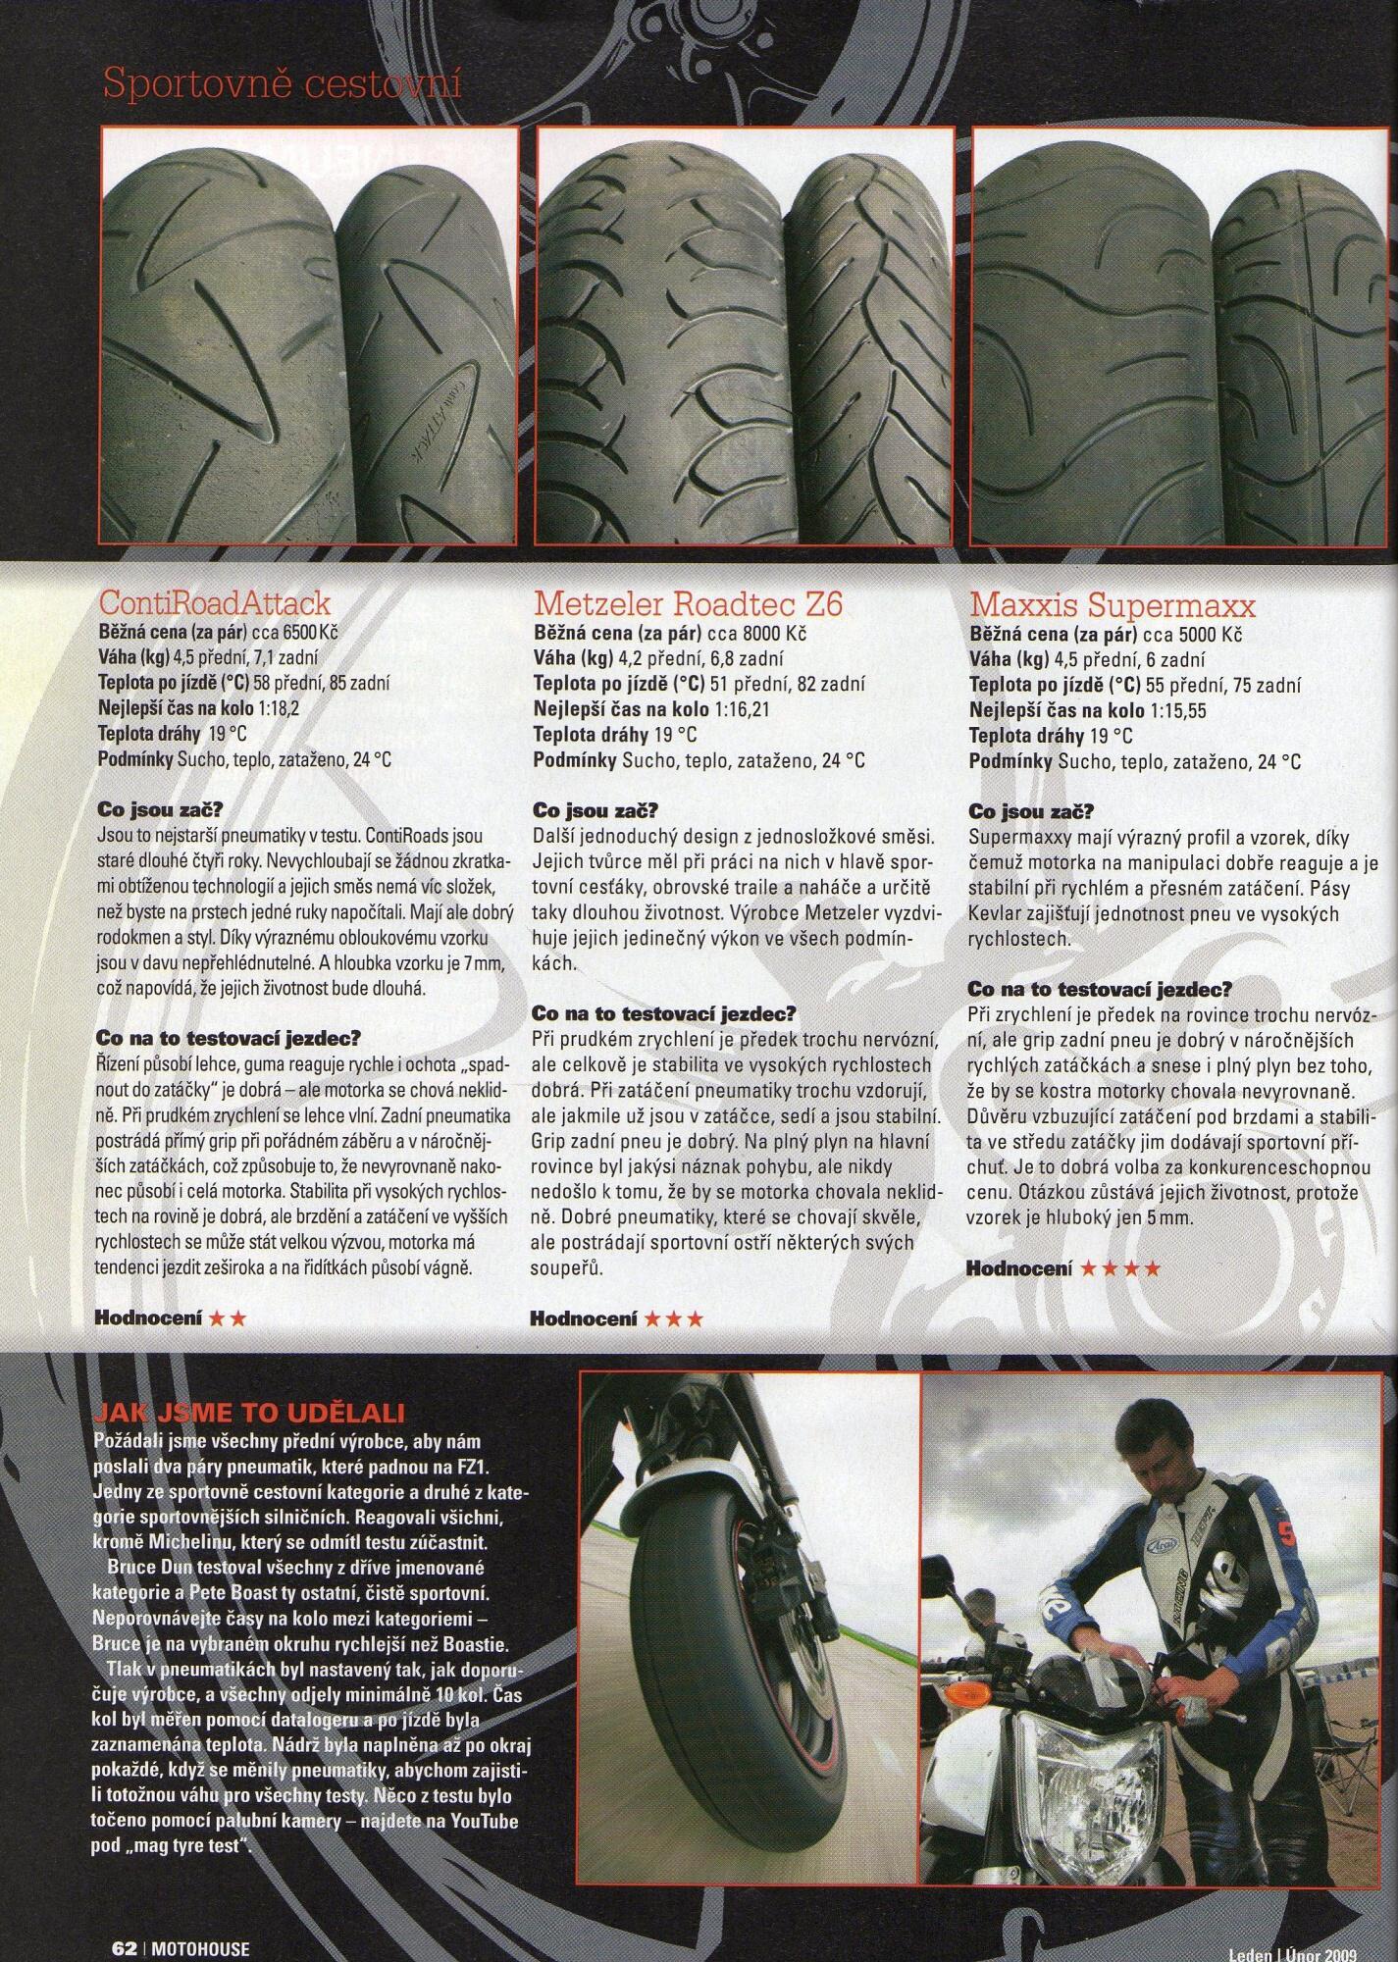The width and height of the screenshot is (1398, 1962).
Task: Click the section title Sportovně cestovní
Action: [282, 85]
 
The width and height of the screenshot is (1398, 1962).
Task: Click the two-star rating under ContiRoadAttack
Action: [227, 1318]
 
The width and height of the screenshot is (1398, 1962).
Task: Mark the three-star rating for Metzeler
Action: [673, 1318]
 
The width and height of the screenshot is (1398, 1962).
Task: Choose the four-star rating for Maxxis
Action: [1119, 1268]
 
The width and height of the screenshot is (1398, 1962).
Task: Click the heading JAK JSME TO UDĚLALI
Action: [248, 1413]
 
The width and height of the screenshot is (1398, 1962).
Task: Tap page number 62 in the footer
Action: [123, 1948]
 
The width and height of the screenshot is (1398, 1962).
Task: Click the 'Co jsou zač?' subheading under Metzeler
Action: [595, 811]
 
